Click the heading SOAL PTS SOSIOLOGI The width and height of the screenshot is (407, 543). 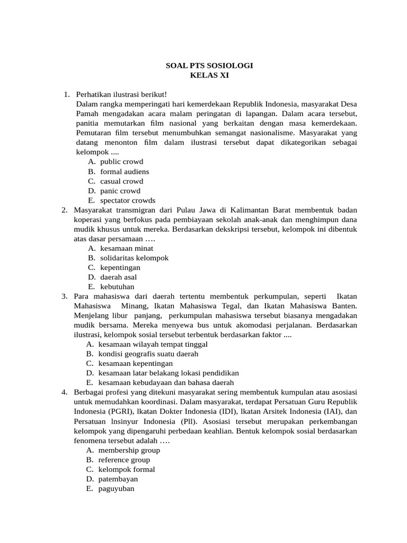point(209,66)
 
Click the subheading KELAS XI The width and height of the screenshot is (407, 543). point(209,75)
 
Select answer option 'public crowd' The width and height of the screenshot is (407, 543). point(121,162)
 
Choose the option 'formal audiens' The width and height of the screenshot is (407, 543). point(125,171)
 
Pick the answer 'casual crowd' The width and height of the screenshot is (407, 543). point(121,181)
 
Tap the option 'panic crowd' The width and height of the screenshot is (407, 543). point(120,190)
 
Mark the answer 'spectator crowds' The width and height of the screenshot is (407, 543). point(128,200)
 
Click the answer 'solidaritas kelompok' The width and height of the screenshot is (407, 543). point(134,258)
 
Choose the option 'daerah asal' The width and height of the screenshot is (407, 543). point(118,277)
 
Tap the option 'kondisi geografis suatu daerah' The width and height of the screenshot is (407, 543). point(148,354)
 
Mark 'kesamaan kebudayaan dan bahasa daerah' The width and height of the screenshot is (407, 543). point(166,382)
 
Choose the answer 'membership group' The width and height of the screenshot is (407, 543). point(129,450)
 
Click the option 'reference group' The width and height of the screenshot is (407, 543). point(124,460)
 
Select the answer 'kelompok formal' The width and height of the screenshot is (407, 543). point(127,469)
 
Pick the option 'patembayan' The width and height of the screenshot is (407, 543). point(118,479)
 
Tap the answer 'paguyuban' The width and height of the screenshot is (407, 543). point(117,488)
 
